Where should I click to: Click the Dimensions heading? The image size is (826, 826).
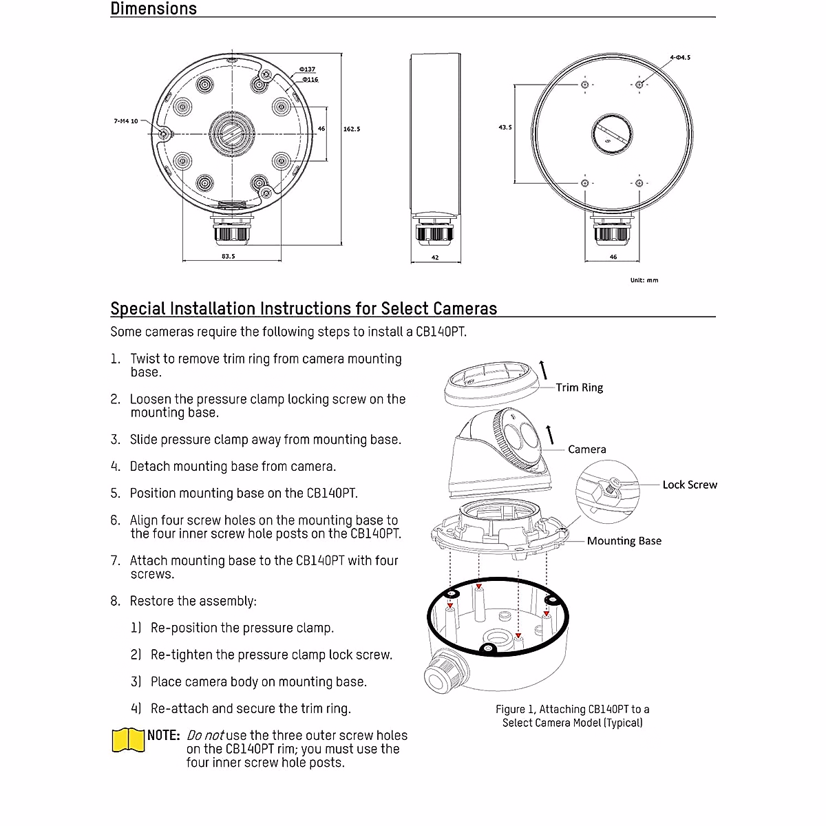(153, 9)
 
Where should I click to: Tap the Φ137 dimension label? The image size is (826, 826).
(307, 70)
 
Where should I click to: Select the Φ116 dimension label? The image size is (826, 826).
(309, 80)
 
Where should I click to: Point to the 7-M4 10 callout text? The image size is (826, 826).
(126, 121)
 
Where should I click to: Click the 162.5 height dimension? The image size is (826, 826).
(352, 129)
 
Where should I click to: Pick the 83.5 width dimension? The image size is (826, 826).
(229, 256)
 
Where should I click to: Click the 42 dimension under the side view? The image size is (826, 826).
(435, 258)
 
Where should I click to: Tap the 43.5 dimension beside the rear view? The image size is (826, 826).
(505, 127)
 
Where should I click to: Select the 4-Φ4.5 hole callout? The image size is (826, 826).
(679, 57)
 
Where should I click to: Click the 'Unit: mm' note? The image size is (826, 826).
(644, 280)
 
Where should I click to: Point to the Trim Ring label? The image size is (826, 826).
(579, 388)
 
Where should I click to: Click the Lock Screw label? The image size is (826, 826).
(689, 485)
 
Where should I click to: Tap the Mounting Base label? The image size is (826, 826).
(624, 541)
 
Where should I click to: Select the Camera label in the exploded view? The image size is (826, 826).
(586, 449)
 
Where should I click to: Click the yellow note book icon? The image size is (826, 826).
(128, 740)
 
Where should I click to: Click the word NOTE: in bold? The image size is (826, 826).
(164, 735)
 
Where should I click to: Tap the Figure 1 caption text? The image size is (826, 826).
(572, 716)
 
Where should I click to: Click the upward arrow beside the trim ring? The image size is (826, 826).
(544, 369)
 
